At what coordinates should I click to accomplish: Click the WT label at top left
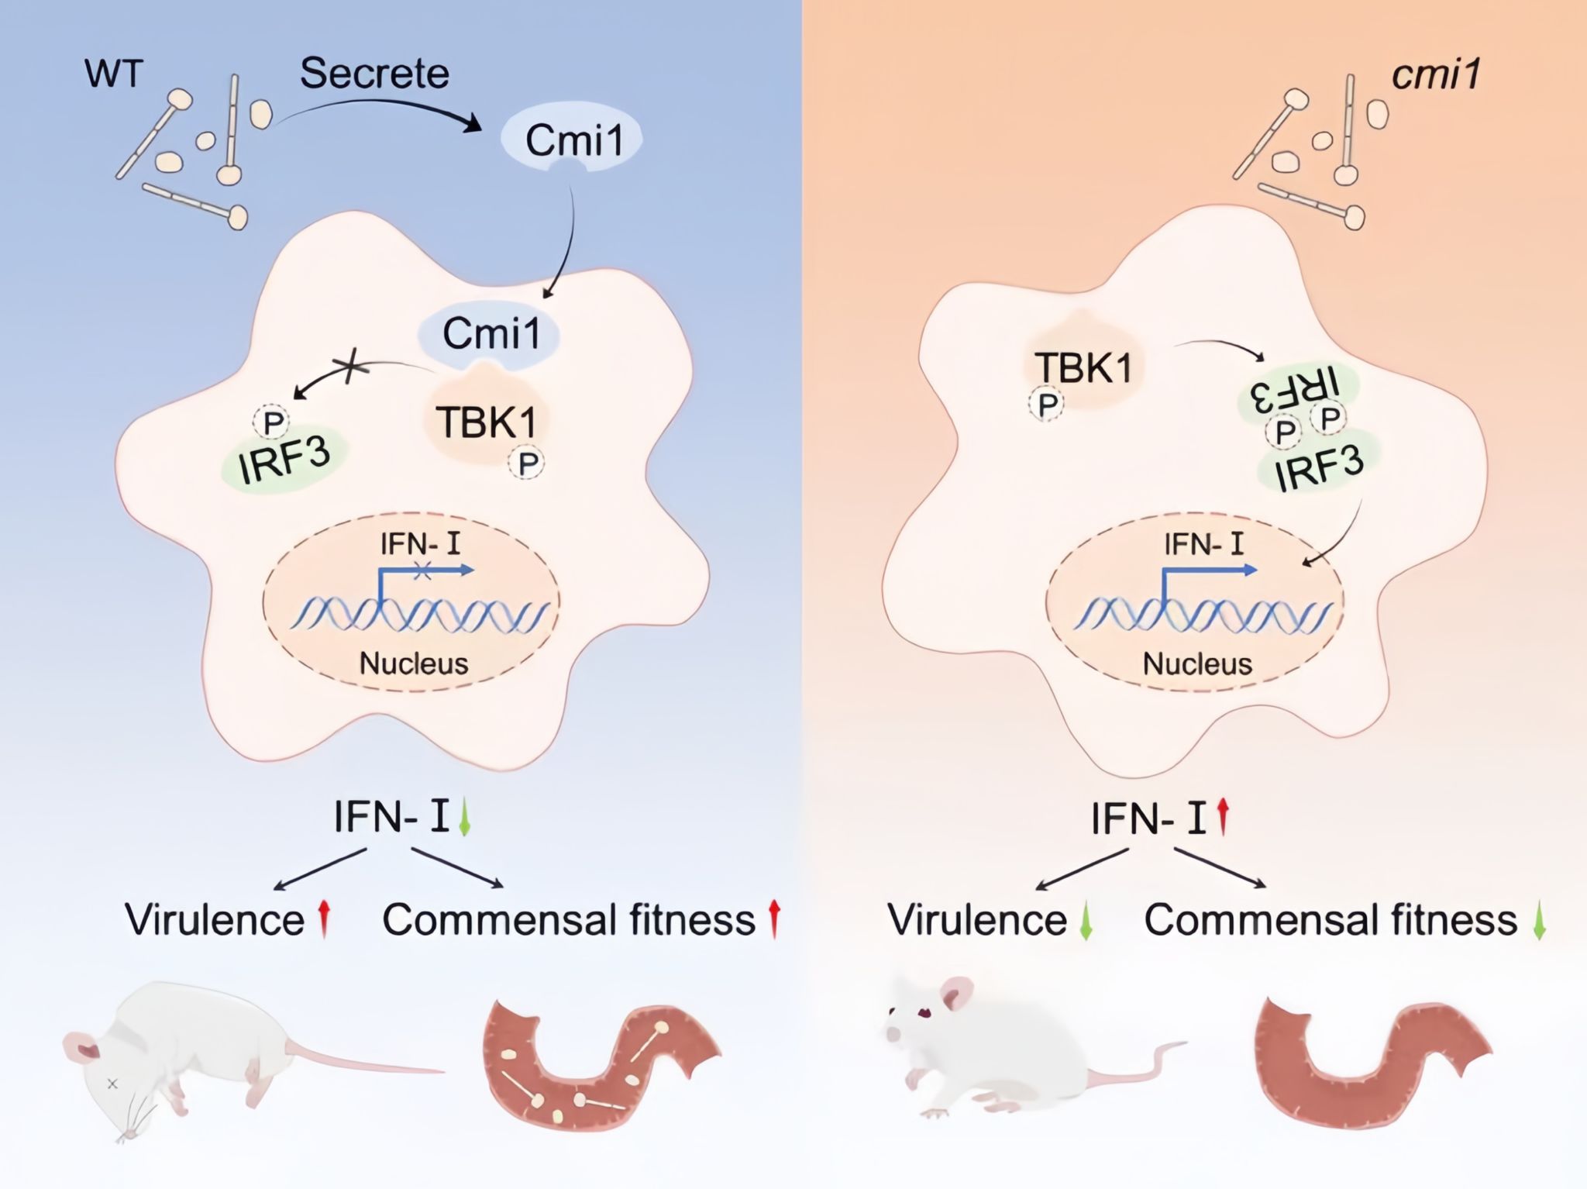[114, 74]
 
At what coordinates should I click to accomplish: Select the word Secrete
[374, 74]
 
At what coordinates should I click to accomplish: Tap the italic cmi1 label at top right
[1436, 75]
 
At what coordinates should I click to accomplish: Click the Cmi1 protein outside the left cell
[573, 140]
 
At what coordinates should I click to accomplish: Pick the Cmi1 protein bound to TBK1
[491, 334]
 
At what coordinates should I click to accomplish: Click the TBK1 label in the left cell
[486, 422]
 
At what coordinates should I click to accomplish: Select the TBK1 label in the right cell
[1083, 367]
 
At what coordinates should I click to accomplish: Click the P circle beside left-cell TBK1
[528, 464]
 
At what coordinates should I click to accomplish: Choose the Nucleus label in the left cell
[414, 663]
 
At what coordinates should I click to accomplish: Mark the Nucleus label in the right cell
[1197, 663]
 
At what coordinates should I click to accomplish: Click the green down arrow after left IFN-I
[464, 819]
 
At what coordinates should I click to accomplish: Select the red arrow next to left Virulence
[325, 919]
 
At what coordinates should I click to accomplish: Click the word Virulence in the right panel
[977, 920]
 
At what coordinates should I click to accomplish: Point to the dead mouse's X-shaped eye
[112, 1084]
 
